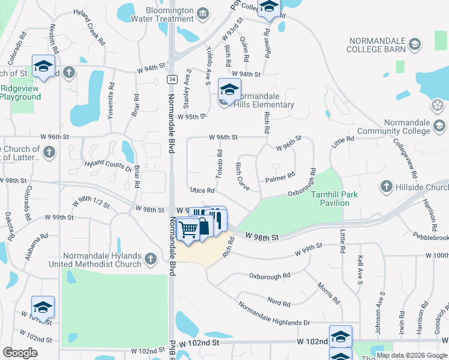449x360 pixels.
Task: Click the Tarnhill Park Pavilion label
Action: click(330, 199)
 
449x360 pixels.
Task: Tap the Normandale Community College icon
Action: click(439, 125)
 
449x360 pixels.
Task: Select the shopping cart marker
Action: click(189, 229)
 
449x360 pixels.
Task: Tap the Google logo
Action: click(20, 353)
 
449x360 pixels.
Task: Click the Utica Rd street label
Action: click(202, 190)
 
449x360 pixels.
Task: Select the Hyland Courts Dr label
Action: click(108, 166)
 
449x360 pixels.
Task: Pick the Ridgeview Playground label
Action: click(21, 92)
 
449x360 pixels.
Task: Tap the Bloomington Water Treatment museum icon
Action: click(203, 13)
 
